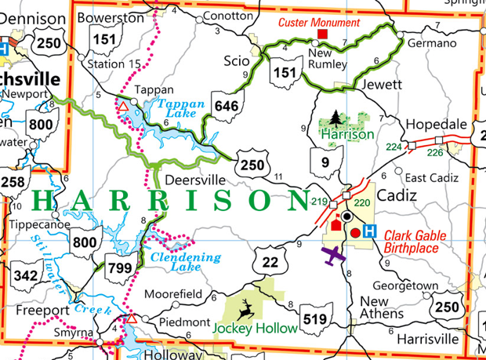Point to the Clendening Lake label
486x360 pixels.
186,262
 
